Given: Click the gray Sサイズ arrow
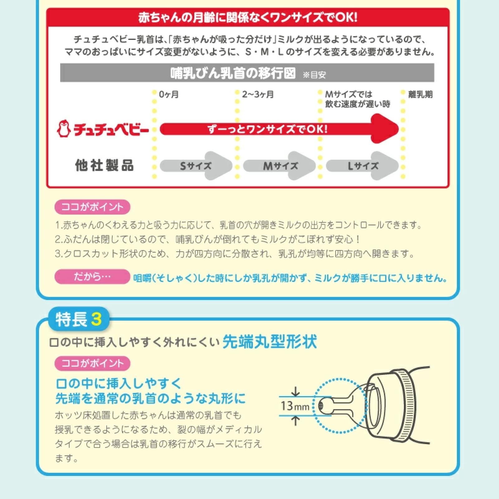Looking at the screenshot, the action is click(196, 166).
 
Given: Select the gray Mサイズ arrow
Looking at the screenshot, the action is click(279, 166).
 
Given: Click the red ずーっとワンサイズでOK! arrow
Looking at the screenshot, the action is click(279, 128).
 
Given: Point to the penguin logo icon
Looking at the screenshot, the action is click(64, 129).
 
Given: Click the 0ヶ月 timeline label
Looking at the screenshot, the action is click(169, 94).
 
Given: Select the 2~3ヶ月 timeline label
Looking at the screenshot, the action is click(258, 94).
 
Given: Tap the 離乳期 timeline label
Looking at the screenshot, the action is click(420, 94).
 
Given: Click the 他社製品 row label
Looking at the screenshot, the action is click(104, 165).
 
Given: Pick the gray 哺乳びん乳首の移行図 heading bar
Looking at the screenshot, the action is click(247, 73).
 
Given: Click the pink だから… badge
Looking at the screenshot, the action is click(92, 277).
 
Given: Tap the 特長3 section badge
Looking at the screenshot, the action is click(79, 319).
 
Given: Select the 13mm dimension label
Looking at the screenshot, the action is click(295, 406).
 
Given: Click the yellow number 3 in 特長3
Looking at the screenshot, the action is click(96, 319).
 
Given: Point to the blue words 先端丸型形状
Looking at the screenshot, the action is click(270, 342).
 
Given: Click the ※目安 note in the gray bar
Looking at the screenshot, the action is click(314, 75).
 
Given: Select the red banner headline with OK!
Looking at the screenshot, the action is click(248, 17).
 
